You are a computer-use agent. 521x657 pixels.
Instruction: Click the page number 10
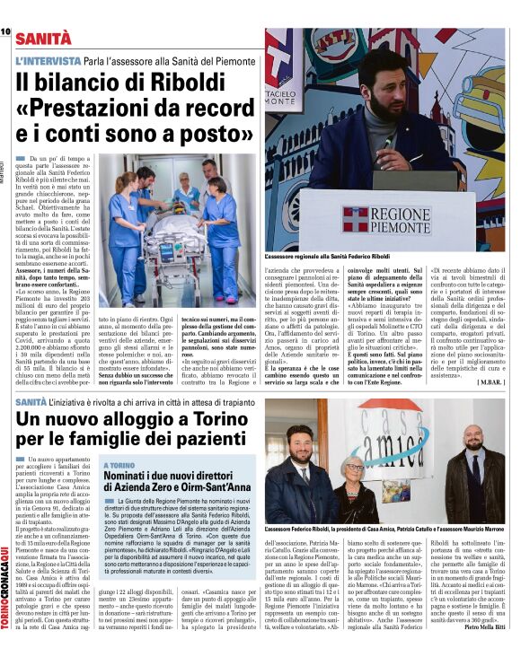pos(5,32)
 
